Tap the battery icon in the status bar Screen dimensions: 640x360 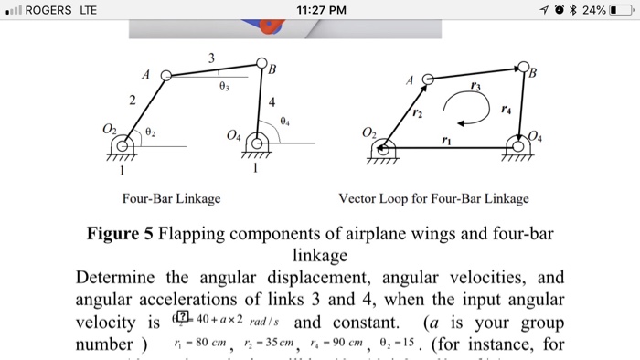coord(622,10)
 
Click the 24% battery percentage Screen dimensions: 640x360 coord(592,10)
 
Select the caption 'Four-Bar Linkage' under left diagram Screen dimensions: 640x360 coord(170,198)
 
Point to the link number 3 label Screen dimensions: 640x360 coord(212,58)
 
